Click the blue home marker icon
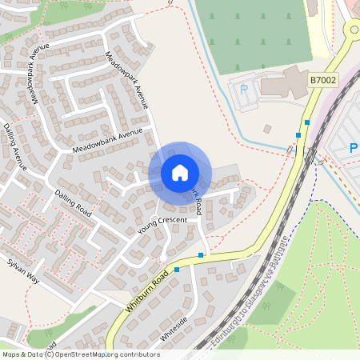tap(179, 172)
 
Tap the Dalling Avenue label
tap(14, 147)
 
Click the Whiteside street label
tap(174, 330)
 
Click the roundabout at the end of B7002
tap(353, 30)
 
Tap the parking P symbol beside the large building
tap(245, 89)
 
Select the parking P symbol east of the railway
tap(353, 148)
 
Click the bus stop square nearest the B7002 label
tap(306, 122)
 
